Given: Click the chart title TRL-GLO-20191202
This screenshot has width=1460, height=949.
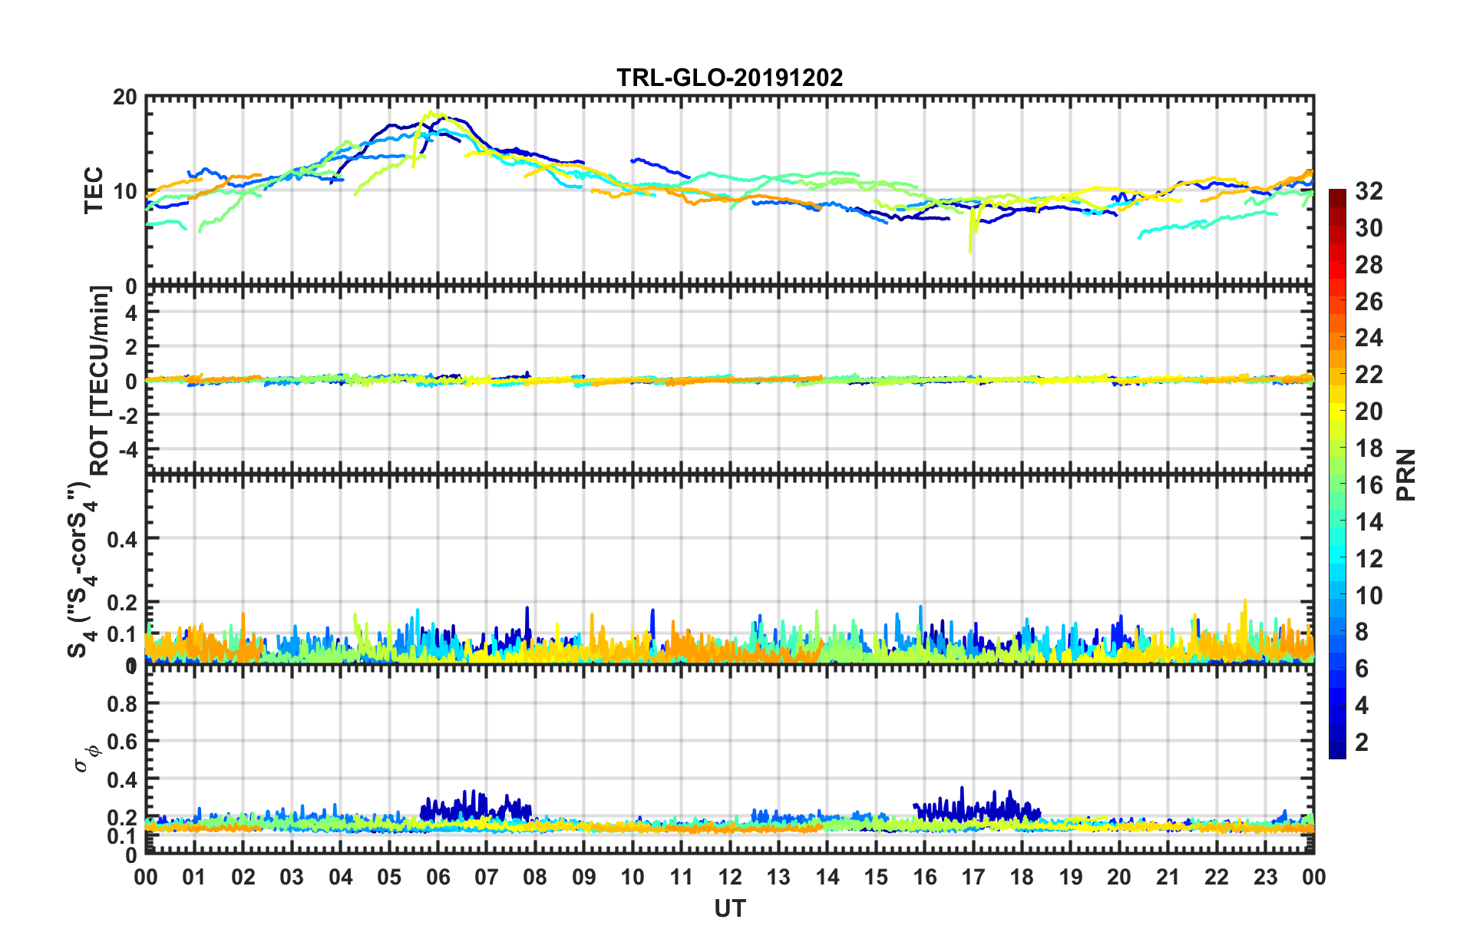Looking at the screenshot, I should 729,78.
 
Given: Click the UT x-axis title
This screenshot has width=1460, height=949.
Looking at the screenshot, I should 729,909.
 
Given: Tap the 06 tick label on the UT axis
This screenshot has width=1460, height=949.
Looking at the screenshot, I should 438,877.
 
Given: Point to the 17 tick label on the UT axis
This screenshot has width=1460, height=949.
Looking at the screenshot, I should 973,877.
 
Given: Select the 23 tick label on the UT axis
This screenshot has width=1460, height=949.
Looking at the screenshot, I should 1265,877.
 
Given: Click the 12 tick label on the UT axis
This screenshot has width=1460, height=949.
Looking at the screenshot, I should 730,877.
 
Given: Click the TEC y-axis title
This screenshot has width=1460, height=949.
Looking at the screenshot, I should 94,190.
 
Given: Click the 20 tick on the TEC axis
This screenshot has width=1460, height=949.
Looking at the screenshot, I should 124,98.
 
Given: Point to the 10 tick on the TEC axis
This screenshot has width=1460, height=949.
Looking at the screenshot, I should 124,192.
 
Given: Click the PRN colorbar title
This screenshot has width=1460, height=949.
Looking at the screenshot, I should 1405,475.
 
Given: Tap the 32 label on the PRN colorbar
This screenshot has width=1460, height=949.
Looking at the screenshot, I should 1369,192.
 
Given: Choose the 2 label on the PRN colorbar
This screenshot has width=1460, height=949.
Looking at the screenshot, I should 1362,742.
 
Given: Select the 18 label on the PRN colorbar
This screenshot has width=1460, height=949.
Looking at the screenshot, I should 1369,448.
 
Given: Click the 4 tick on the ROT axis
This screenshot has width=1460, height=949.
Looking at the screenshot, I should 130,312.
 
